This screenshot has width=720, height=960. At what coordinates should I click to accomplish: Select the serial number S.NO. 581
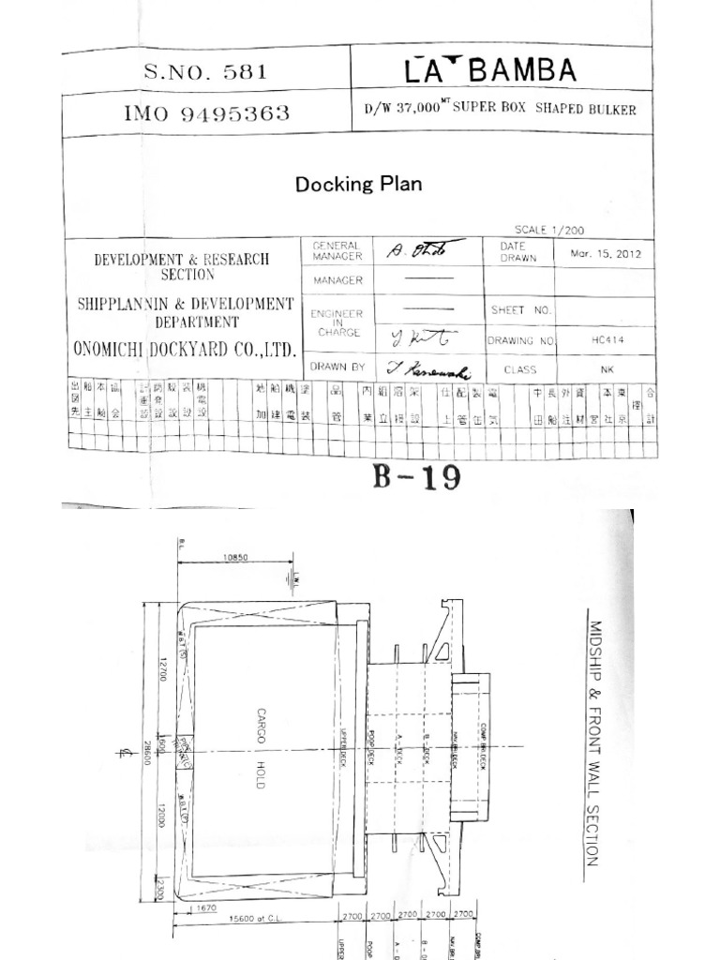[x=205, y=70]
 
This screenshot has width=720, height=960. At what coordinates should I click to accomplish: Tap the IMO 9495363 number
[x=206, y=114]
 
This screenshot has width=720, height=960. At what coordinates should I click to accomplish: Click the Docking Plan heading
[x=358, y=184]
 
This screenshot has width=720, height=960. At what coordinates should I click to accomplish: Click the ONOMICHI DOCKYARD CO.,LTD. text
[x=186, y=349]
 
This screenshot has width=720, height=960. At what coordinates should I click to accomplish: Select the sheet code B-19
[x=417, y=477]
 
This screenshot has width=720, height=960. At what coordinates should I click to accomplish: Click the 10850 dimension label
[x=235, y=557]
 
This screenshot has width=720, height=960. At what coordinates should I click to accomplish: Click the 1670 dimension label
[x=206, y=908]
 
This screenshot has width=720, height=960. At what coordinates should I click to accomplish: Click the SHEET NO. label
[x=519, y=309]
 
